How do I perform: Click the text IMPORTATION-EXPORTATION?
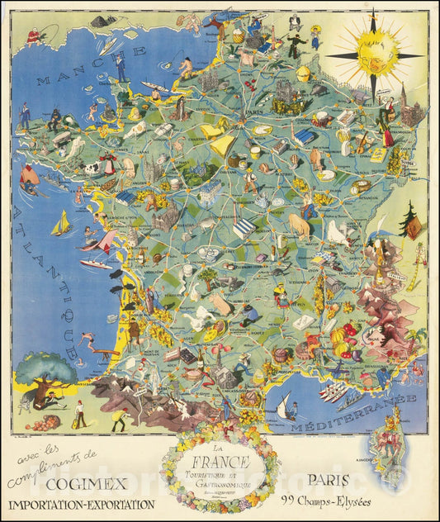[x=82, y=504]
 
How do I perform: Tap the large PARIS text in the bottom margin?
[x=329, y=478]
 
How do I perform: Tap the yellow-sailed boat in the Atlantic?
[x=60, y=224]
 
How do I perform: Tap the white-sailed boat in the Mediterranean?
[x=287, y=406]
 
